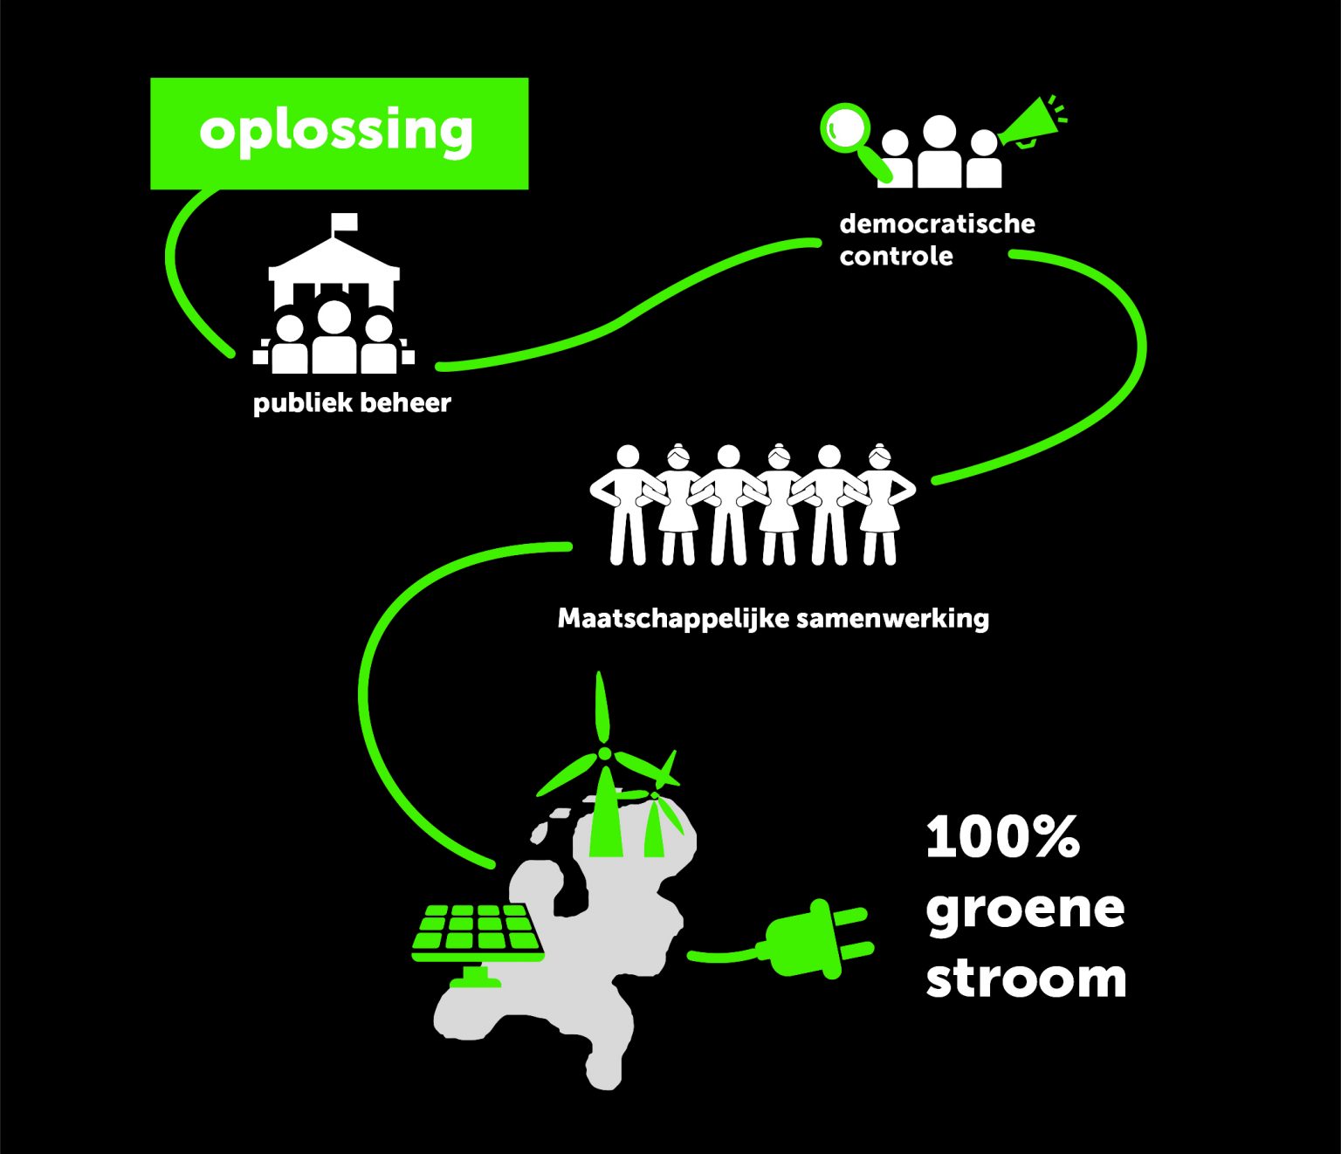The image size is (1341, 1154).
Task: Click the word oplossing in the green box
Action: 336,133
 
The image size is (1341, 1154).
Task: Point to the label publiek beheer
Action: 352,403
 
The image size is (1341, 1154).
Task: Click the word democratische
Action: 937,223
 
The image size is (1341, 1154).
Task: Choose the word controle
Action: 896,257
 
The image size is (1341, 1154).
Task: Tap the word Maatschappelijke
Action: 673,619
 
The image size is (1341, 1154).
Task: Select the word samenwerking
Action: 893,619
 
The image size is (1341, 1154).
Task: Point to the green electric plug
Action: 817,938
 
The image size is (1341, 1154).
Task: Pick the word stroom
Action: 1027,979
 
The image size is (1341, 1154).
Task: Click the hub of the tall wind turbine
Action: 605,753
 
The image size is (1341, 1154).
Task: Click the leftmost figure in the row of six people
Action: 626,504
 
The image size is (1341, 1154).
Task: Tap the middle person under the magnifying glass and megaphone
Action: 939,152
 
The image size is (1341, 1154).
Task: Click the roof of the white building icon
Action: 334,258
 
